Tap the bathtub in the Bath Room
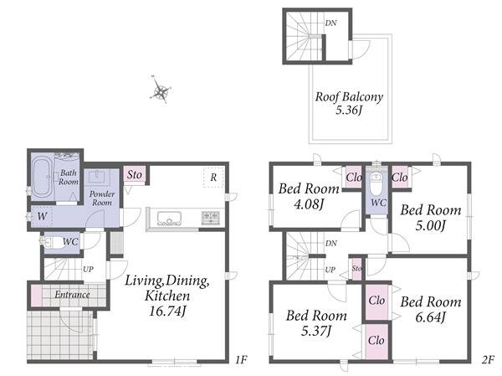point(43,177)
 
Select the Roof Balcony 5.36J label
point(349,103)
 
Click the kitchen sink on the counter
point(169,219)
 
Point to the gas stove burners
point(210,218)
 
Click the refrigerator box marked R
point(213,178)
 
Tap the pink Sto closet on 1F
point(135,175)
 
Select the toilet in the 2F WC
point(375,184)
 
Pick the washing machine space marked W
point(42,216)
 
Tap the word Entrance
point(72,295)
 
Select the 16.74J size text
point(167,311)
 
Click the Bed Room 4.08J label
point(309,196)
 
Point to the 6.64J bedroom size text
point(431,317)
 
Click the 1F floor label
point(241,359)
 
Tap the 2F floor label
point(488,359)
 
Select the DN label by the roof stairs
point(330,23)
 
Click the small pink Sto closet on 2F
point(356,269)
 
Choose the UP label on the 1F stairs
point(88,270)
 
